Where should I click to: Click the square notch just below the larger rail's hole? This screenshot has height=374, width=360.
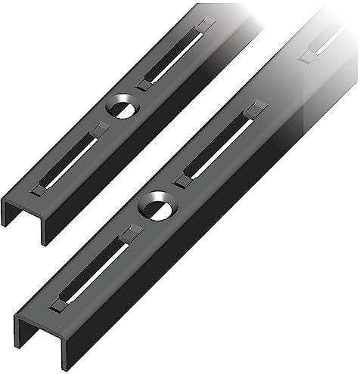tap(130, 234)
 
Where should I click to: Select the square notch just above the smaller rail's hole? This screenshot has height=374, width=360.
tap(144, 85)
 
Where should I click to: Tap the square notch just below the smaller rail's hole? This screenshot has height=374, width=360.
tap(97, 130)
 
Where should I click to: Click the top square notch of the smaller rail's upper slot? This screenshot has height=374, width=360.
tap(203, 26)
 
